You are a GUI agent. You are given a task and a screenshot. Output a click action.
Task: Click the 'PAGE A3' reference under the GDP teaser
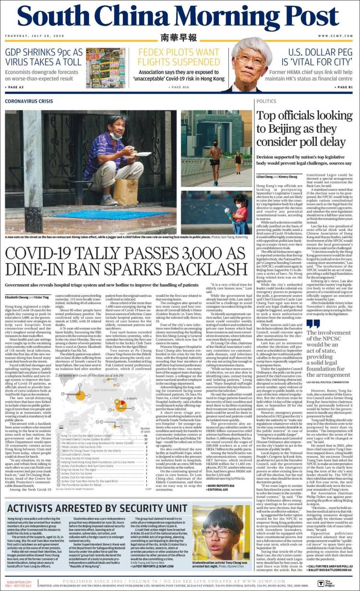(x=14, y=87)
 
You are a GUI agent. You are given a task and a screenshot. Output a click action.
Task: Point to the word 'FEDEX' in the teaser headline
(x=154, y=52)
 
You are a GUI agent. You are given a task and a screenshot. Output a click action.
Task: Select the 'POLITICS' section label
(x=266, y=101)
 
